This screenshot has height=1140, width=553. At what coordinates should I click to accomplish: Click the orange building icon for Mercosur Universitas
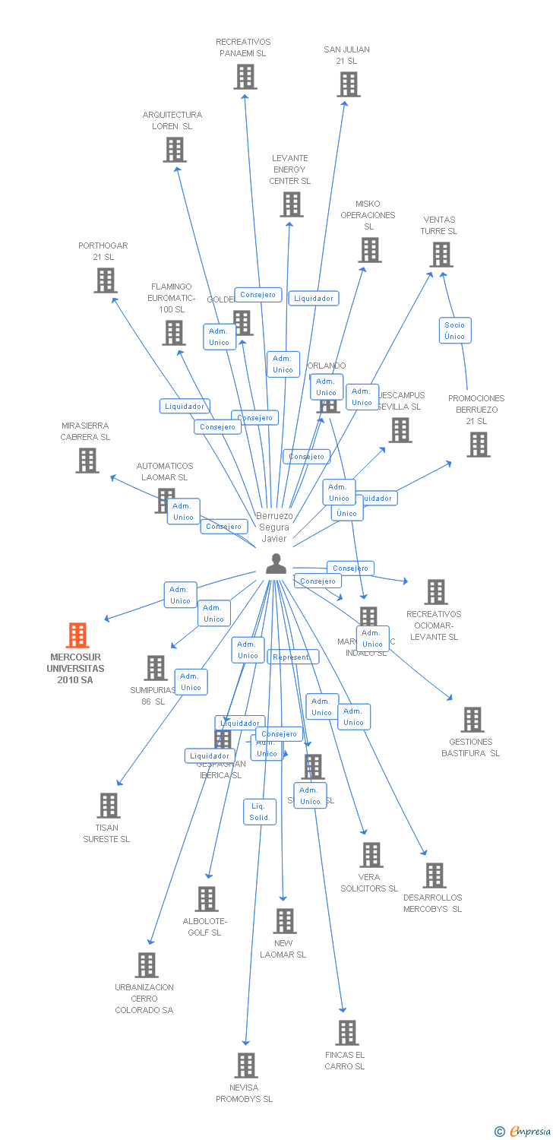[77, 635]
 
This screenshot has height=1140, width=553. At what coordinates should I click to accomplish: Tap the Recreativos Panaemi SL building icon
[245, 77]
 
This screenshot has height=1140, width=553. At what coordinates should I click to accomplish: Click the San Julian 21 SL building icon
[348, 84]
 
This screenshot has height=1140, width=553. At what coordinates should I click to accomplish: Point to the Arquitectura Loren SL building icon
[175, 150]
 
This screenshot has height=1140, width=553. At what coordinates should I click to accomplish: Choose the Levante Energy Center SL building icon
[291, 204]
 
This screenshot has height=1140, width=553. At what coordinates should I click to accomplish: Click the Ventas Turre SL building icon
[441, 255]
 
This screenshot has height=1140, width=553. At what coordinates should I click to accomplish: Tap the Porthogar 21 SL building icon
[105, 280]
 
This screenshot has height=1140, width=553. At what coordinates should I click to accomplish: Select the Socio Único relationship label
[454, 330]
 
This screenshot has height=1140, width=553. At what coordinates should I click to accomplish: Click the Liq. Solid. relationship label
[259, 812]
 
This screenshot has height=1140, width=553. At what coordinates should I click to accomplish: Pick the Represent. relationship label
[292, 657]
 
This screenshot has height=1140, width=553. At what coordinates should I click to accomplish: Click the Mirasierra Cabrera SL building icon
[87, 461]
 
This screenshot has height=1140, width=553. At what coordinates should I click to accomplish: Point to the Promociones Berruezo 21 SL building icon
[478, 445]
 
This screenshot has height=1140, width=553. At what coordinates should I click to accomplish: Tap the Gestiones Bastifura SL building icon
[472, 720]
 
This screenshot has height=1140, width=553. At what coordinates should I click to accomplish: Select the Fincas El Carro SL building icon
[347, 1033]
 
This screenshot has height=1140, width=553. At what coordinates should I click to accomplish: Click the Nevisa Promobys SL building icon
[245, 1066]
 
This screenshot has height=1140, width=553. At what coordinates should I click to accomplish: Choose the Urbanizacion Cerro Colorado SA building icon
[146, 965]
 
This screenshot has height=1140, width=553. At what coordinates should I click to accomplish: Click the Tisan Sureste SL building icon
[109, 806]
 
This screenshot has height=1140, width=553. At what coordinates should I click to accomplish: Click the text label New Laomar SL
[283, 948]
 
